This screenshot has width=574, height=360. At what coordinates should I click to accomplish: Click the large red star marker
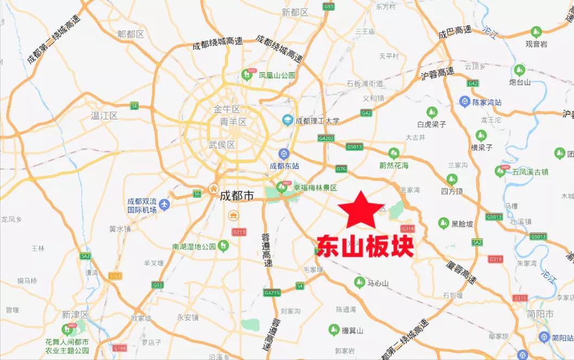358,210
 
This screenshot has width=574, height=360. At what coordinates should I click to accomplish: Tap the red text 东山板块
365,245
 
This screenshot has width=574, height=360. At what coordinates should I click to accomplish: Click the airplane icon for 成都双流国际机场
164,204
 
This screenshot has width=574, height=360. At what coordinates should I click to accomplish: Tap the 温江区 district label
105,115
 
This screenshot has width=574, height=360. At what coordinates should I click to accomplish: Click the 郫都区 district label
131,34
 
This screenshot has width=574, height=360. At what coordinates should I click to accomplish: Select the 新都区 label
295,11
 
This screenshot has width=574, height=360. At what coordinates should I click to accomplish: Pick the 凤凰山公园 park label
277,75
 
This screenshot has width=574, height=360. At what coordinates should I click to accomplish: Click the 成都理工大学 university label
317,121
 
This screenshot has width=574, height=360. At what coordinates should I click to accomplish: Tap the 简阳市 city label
541,314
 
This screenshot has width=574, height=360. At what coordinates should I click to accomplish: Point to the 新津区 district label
75,314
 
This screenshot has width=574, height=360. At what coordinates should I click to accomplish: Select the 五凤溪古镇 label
530,172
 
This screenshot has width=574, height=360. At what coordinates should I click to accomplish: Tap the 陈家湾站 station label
487,102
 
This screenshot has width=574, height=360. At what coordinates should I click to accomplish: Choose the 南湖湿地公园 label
194,247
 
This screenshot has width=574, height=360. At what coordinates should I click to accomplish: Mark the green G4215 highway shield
272,293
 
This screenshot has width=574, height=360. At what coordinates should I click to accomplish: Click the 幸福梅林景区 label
315,188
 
